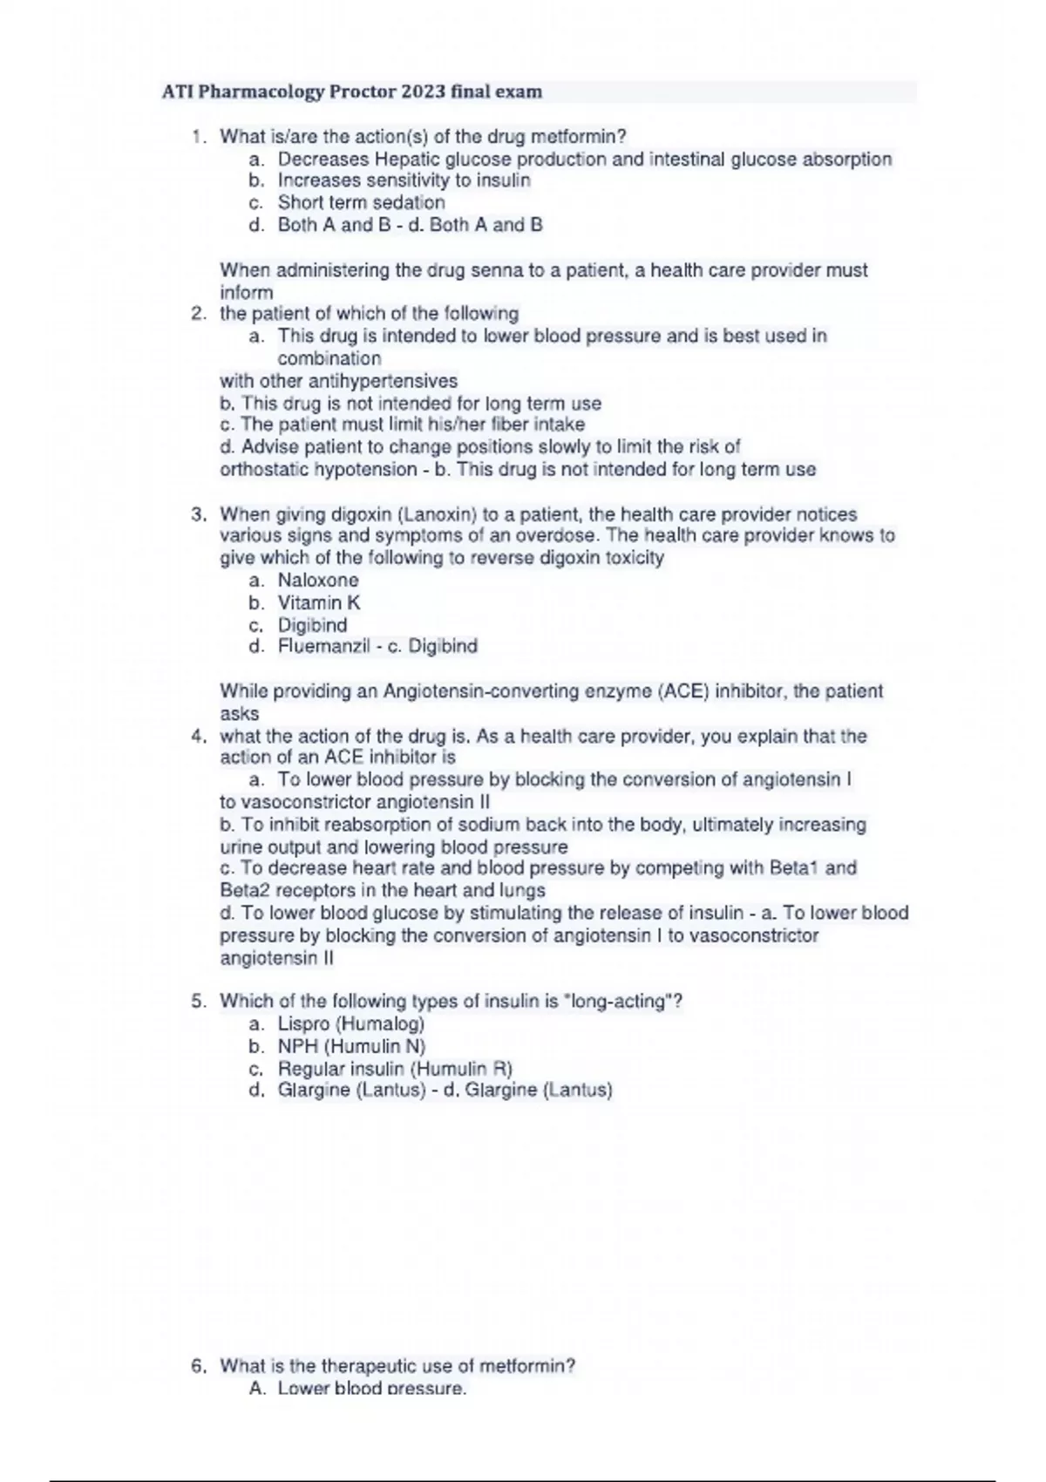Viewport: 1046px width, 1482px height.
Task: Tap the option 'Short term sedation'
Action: pos(361,202)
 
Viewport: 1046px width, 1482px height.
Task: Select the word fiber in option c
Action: pos(514,425)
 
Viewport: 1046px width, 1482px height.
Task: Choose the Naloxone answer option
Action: pos(318,581)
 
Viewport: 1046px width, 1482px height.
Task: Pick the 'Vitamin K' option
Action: pos(319,603)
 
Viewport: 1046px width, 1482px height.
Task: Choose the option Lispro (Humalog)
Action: pos(351,1024)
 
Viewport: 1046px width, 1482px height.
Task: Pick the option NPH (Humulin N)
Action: pos(351,1047)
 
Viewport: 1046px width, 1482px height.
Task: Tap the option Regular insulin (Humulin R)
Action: pos(395,1069)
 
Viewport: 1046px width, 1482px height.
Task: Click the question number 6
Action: pos(198,1366)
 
